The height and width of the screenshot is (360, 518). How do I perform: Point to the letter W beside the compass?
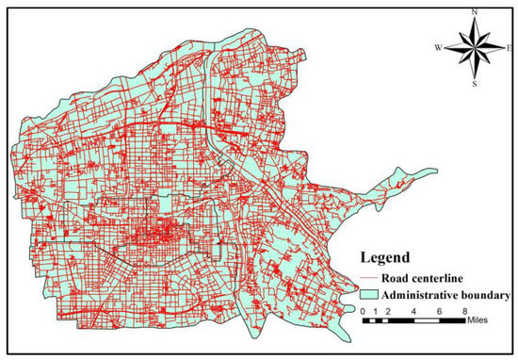coord(439,46)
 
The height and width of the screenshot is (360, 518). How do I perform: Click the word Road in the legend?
coord(397,278)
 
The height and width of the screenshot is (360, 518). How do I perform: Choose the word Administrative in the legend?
coord(420,295)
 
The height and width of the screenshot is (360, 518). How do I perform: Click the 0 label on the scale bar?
coord(364,311)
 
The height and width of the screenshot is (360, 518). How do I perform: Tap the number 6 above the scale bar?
coord(435,311)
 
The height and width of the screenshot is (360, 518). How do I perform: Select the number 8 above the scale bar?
coord(462,311)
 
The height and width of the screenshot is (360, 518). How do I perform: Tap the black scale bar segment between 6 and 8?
coord(448,321)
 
